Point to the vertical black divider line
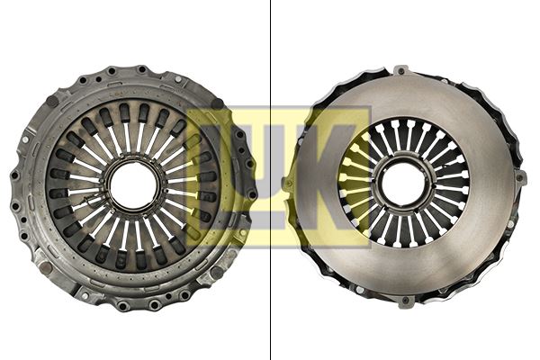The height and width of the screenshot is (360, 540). pos(271,180)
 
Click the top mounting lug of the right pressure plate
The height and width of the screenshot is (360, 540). pos(402,69)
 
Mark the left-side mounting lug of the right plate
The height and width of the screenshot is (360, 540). pos(287,183)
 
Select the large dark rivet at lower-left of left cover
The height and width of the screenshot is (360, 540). pos(46,266)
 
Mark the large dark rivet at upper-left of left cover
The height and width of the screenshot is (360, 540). pos(52,102)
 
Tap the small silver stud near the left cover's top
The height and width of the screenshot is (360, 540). pos(139,67)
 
